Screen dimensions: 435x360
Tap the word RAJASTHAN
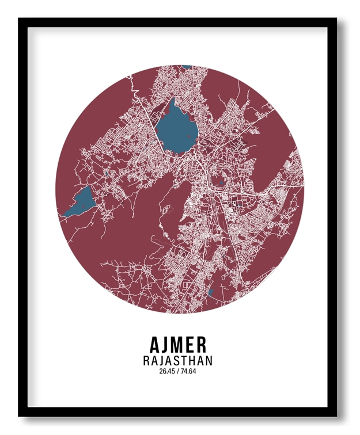point(177,361)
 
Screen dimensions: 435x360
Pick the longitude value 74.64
point(188,371)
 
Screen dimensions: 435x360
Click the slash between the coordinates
point(177,371)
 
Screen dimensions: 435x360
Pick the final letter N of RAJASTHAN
point(209,361)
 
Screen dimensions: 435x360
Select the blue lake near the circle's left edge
point(78,203)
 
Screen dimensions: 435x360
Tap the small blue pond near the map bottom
point(210,292)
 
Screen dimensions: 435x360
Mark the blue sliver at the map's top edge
point(186,67)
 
